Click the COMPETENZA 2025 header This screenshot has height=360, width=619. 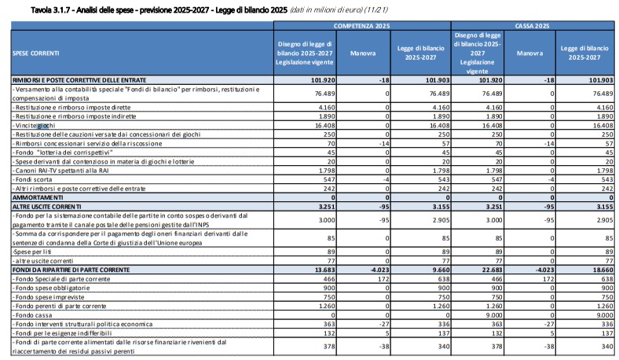[x=361, y=26]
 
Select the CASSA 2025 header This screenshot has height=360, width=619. [x=532, y=26]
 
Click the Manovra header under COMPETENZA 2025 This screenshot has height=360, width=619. [x=363, y=53]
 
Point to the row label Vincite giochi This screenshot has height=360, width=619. [x=34, y=126]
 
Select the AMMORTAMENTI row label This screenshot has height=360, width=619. [x=38, y=197]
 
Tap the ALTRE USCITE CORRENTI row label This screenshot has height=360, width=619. [x=46, y=207]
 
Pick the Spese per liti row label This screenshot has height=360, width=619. [x=32, y=252]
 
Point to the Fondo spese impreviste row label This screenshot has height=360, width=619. [x=48, y=297]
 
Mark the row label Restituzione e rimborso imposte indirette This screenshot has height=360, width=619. [x=74, y=116]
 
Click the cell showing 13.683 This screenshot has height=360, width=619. [x=324, y=270]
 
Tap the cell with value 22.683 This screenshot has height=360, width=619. [x=491, y=270]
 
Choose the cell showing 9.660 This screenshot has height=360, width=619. [x=440, y=270]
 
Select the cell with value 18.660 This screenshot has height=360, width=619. [x=601, y=270]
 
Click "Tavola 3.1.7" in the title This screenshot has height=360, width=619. [x=50, y=10]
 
